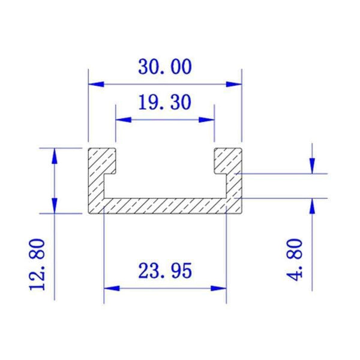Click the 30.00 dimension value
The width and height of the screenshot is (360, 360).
point(165,67)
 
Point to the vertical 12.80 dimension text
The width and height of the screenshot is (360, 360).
point(38,263)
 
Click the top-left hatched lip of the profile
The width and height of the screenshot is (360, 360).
point(102,159)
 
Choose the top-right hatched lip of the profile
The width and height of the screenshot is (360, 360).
point(228,159)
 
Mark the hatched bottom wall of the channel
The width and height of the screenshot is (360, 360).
point(165,205)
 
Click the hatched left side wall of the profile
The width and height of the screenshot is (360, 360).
point(96,186)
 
